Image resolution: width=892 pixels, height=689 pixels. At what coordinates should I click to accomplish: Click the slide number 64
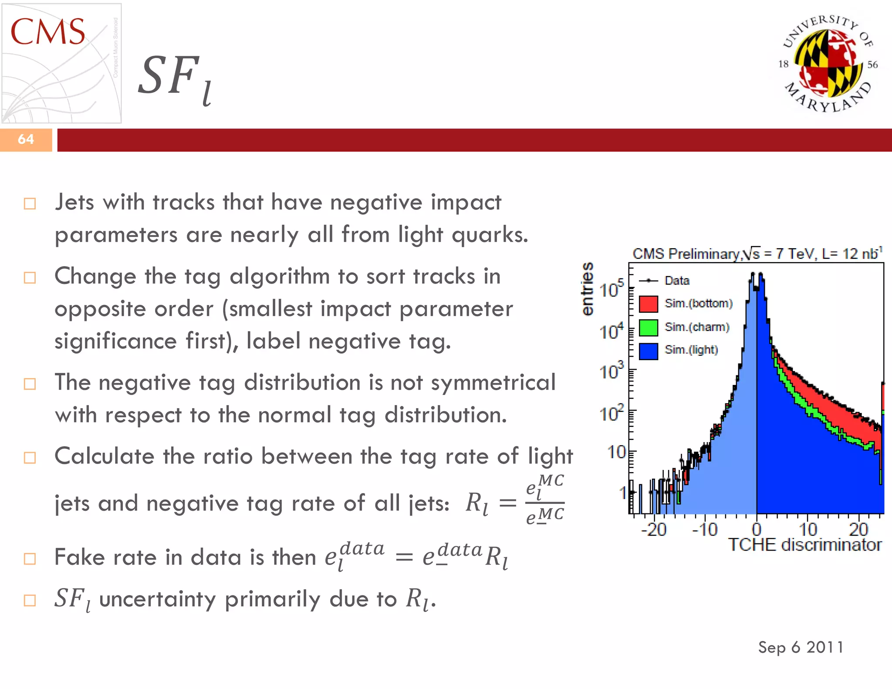click(x=26, y=139)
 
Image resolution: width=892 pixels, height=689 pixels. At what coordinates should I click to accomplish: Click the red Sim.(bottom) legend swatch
click(x=648, y=304)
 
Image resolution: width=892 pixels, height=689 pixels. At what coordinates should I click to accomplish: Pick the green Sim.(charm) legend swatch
click(x=648, y=328)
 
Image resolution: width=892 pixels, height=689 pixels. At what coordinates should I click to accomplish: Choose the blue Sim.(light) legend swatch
click(x=648, y=351)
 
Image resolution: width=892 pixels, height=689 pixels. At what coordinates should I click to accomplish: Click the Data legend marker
click(x=649, y=280)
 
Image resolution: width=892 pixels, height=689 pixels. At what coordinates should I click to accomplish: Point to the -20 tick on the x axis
click(x=654, y=530)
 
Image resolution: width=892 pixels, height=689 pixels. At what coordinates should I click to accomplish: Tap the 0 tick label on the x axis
click(x=757, y=530)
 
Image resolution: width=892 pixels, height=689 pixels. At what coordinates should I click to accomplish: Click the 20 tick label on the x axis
click(x=858, y=530)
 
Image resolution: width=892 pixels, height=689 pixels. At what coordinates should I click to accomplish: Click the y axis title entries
click(x=588, y=288)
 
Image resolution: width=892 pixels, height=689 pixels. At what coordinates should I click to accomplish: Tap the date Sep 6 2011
click(x=801, y=647)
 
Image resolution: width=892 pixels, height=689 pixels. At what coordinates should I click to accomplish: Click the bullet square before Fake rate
click(x=30, y=558)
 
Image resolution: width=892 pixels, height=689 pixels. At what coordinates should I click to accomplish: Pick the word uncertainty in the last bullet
click(x=157, y=599)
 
